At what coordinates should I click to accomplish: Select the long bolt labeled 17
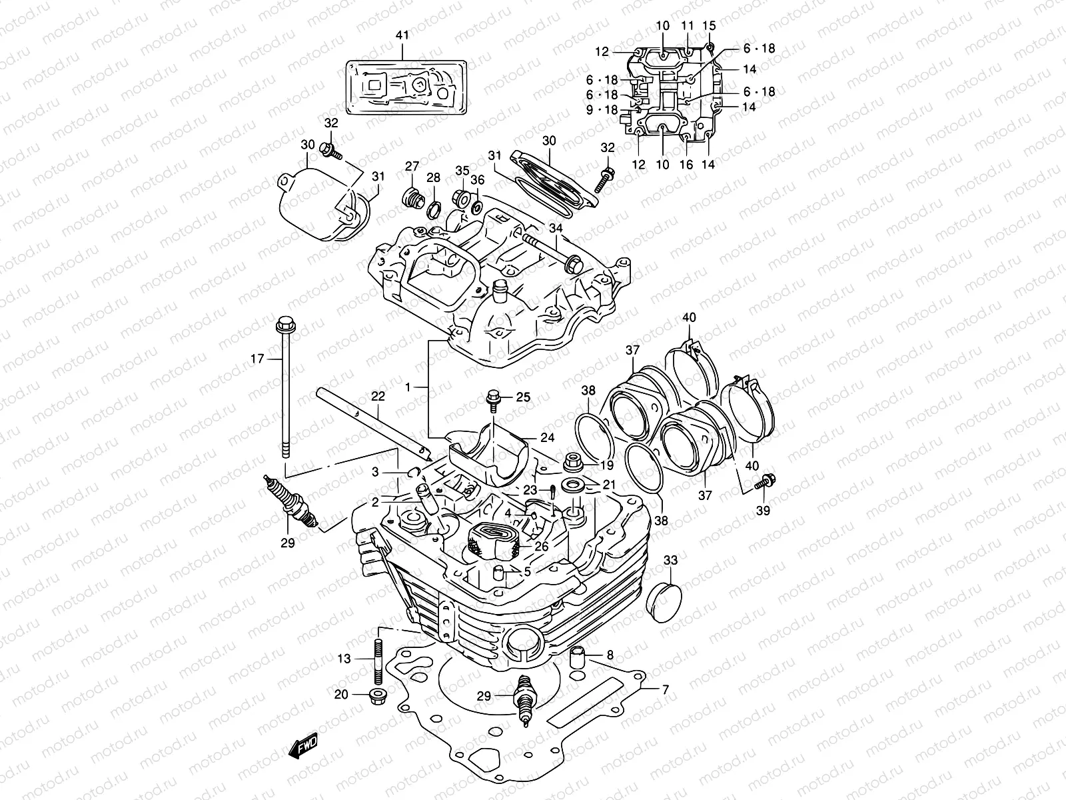coord(285,387)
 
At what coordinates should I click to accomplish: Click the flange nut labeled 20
coord(378,696)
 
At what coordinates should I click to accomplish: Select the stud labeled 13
coord(378,661)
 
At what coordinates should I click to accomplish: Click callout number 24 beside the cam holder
coord(547,438)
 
